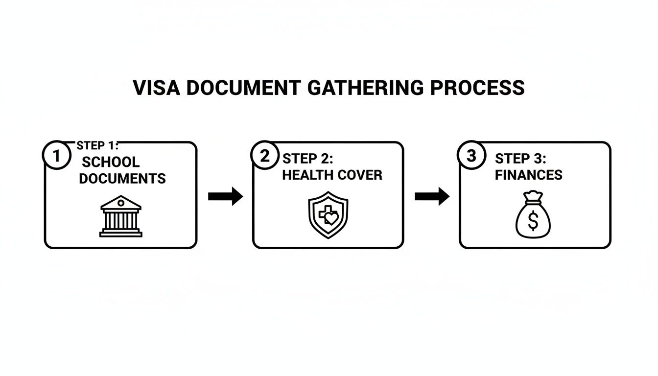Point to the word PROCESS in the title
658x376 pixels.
[x=477, y=88]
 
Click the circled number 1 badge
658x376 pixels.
[x=57, y=156]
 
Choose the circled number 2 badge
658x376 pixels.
[x=264, y=156]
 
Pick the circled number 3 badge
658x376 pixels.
[x=471, y=156]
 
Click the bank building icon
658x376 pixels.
[x=120, y=216]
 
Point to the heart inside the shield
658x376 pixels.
[x=331, y=218]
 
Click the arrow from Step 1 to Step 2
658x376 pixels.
[x=225, y=196]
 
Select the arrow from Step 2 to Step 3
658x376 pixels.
[x=432, y=196]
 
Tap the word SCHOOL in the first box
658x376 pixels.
[x=111, y=162]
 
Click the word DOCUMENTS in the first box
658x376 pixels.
[x=122, y=179]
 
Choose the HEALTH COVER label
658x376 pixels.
[x=332, y=175]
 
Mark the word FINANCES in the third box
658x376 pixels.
[x=528, y=175]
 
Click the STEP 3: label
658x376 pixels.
[x=520, y=159]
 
